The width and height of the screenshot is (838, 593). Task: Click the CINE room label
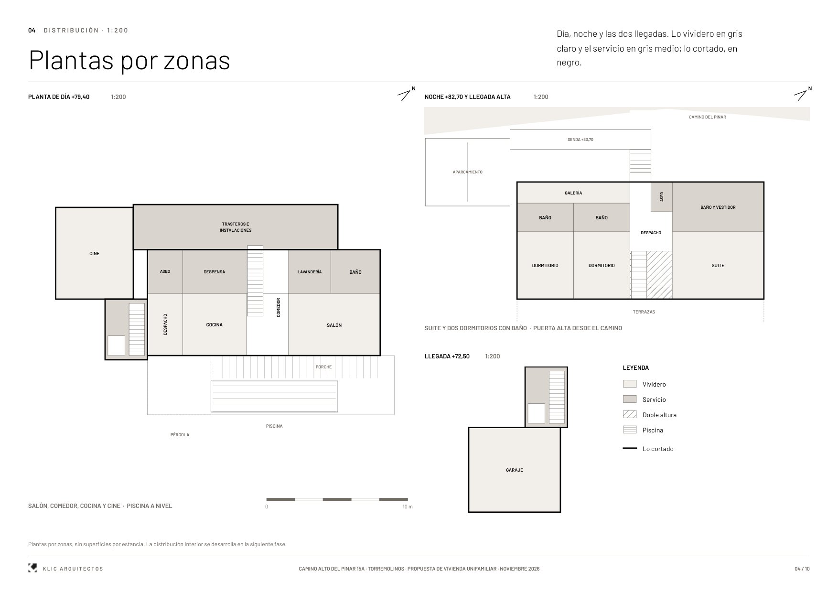(x=95, y=254)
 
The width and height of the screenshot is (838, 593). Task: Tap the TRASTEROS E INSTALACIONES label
(x=236, y=227)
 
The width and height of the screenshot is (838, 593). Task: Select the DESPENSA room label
(x=214, y=272)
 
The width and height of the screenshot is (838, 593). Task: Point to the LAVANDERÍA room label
(x=310, y=272)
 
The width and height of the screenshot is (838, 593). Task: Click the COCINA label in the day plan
(x=215, y=325)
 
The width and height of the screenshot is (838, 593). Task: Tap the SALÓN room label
(x=334, y=325)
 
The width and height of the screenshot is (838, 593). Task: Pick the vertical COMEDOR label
(x=279, y=308)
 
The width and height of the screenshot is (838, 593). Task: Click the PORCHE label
(x=323, y=367)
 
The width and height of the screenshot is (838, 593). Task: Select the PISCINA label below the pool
(x=274, y=426)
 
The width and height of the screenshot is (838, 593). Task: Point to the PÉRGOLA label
(x=180, y=435)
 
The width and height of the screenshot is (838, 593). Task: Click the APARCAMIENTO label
(x=468, y=172)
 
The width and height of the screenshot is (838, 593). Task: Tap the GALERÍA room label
(x=573, y=193)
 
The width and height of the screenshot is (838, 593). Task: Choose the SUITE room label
(x=718, y=266)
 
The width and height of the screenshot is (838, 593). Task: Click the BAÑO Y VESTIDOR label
(x=718, y=207)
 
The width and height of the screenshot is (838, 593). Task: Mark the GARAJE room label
(x=515, y=470)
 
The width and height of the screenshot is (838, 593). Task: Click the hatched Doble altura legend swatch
(x=630, y=414)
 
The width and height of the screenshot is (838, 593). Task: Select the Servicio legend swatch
(x=630, y=399)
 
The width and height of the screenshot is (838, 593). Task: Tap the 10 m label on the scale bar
(x=408, y=507)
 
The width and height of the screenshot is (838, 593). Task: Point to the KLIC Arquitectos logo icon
(x=32, y=568)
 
